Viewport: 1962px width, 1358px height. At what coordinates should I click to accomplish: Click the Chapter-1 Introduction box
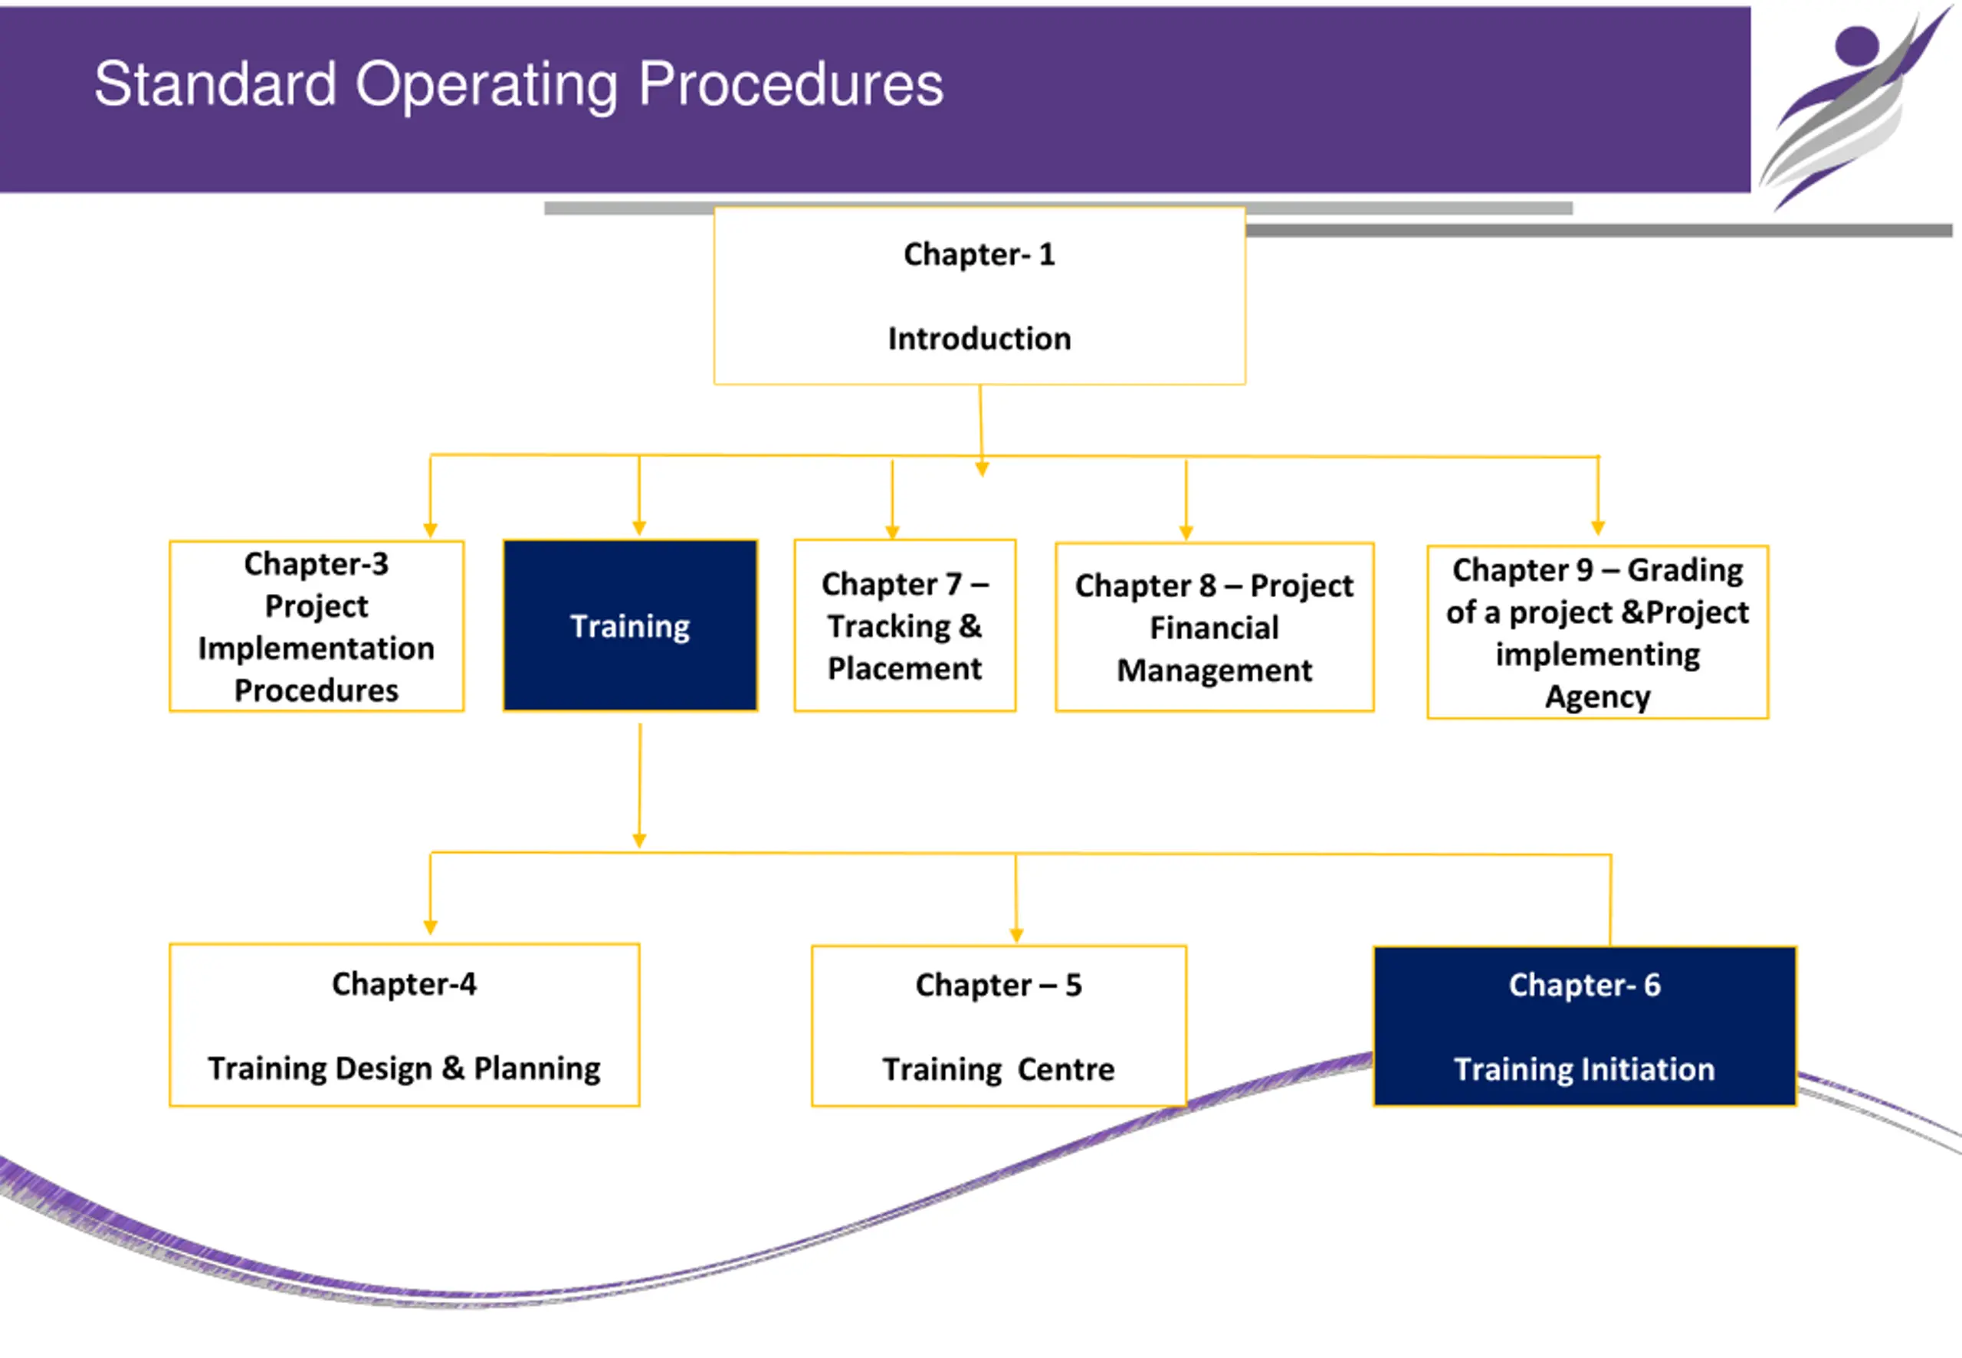(979, 295)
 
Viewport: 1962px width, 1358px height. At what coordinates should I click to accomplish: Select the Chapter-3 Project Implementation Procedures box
(317, 626)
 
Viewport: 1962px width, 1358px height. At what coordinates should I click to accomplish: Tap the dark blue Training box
(631, 625)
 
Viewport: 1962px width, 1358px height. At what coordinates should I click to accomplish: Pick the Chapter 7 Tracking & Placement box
(904, 625)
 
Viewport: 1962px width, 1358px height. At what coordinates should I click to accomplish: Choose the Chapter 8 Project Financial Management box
(1214, 627)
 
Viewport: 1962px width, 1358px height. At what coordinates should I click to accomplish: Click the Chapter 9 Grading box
(1597, 632)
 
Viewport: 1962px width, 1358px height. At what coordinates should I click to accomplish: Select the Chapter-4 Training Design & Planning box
(404, 1025)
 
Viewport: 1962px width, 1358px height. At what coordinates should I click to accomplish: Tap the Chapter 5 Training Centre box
(999, 1026)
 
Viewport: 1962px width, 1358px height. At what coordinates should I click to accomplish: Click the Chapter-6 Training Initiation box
(1584, 1026)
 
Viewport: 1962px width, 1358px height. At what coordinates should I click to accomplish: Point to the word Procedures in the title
(790, 84)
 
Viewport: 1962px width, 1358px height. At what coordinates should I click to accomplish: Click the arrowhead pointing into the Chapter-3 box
(431, 530)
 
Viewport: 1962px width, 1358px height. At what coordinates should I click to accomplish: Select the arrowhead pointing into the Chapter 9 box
(1598, 527)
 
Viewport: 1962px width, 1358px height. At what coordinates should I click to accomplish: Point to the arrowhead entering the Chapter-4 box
(431, 927)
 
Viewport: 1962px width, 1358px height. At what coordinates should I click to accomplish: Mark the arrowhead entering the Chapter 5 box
(1016, 936)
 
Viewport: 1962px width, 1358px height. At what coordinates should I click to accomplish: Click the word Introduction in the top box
(979, 339)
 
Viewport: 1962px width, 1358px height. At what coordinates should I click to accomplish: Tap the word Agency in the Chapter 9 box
(1597, 697)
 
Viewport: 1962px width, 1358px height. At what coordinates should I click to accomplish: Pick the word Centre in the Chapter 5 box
(1066, 1069)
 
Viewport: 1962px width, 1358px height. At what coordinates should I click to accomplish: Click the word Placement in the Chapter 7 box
(904, 669)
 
